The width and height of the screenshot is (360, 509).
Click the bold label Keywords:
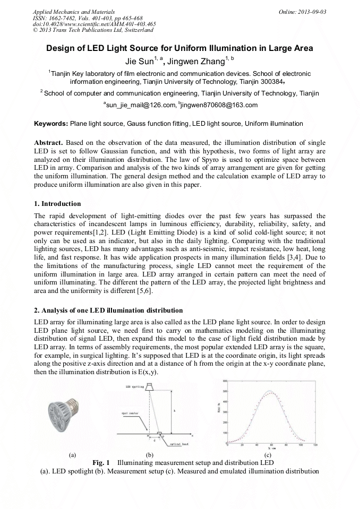[51, 124]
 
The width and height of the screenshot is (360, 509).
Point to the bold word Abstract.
[49, 144]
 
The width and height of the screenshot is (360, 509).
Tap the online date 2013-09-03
[312, 11]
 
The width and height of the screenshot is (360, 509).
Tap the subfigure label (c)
[268, 455]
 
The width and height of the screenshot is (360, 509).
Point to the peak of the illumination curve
[271, 392]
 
